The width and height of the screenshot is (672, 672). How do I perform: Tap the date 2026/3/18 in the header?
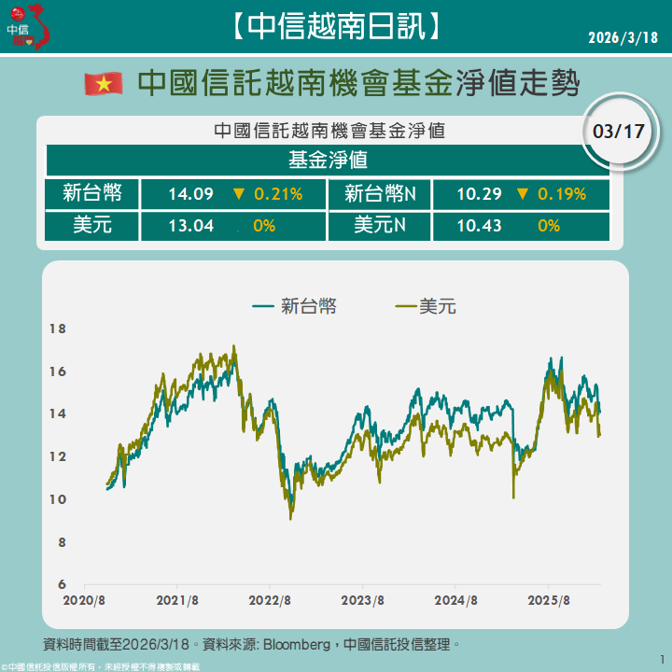pyautogui.click(x=623, y=37)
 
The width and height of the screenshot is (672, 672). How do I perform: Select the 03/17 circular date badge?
pyautogui.click(x=619, y=131)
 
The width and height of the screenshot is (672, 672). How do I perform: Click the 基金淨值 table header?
pyautogui.click(x=328, y=160)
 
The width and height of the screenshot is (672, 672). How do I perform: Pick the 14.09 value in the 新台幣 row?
pyautogui.click(x=191, y=194)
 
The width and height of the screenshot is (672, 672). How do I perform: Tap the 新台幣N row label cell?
pyautogui.click(x=380, y=194)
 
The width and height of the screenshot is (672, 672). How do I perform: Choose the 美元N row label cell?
pyautogui.click(x=380, y=225)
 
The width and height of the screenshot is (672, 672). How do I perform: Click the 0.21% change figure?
pyautogui.click(x=278, y=194)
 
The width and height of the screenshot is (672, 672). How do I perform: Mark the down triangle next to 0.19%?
pyautogui.click(x=521, y=194)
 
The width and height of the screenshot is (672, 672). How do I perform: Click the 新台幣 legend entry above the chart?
pyautogui.click(x=294, y=305)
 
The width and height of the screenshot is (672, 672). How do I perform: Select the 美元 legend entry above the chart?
pyautogui.click(x=427, y=305)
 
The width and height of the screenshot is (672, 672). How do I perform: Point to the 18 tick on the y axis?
pyautogui.click(x=58, y=329)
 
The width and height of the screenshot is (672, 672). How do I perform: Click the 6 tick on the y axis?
pyautogui.click(x=62, y=584)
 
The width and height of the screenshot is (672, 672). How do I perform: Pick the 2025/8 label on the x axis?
pyautogui.click(x=550, y=600)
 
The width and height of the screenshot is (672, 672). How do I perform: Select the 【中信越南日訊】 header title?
pyautogui.click(x=335, y=27)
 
